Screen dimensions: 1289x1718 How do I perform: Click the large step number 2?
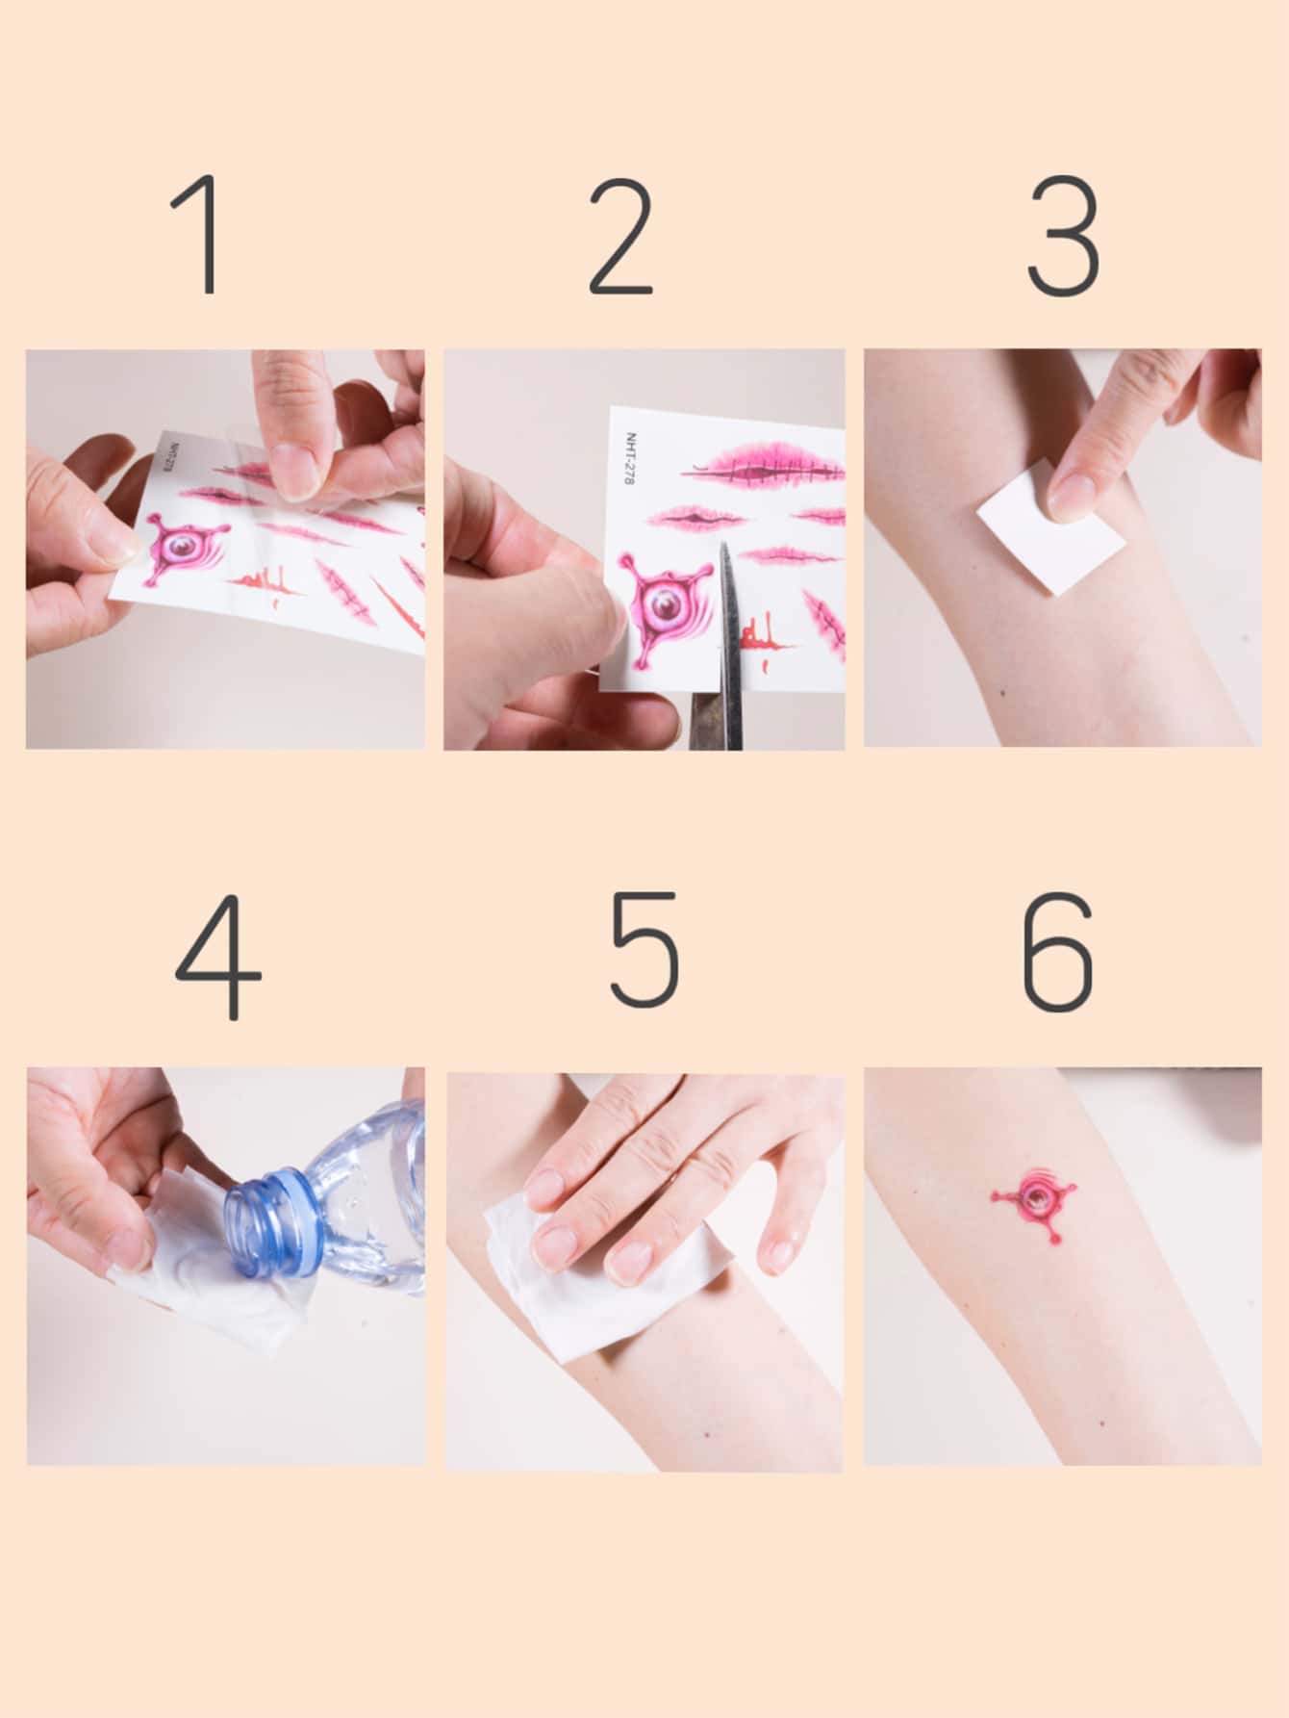pyautogui.click(x=621, y=236)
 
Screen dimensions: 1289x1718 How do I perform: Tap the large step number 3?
pyautogui.click(x=1064, y=236)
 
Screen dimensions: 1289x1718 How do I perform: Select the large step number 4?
pyautogui.click(x=218, y=956)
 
